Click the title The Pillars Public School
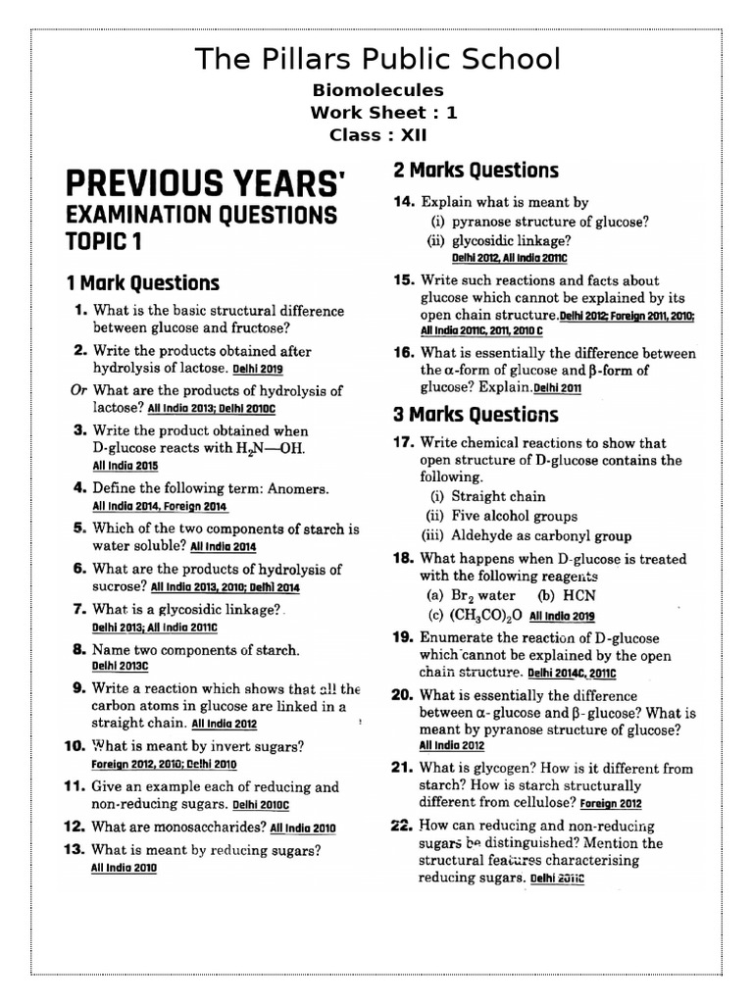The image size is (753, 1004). pyautogui.click(x=377, y=59)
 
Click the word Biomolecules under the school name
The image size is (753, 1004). pyautogui.click(x=376, y=90)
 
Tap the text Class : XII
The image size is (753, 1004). pyautogui.click(x=376, y=135)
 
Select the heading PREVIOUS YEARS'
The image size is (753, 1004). pyautogui.click(x=206, y=183)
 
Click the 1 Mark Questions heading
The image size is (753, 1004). pyautogui.click(x=143, y=283)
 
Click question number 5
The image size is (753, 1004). pyautogui.click(x=80, y=528)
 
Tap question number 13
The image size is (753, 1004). pyautogui.click(x=76, y=850)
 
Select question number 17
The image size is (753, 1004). pyautogui.click(x=404, y=442)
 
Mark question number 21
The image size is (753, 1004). pyautogui.click(x=404, y=769)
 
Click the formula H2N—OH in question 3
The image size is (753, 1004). pyautogui.click(x=278, y=449)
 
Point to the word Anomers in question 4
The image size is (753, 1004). pyautogui.click(x=295, y=488)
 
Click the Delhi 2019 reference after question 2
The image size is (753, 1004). pyautogui.click(x=258, y=371)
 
